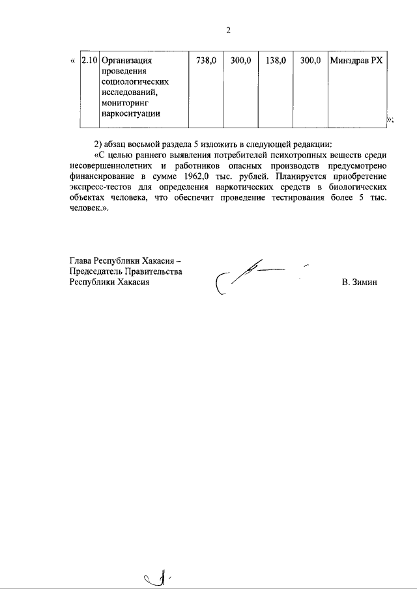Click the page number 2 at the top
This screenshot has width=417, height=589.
(x=228, y=31)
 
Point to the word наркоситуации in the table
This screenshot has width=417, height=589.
(x=130, y=113)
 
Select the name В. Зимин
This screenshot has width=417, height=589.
(x=358, y=282)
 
